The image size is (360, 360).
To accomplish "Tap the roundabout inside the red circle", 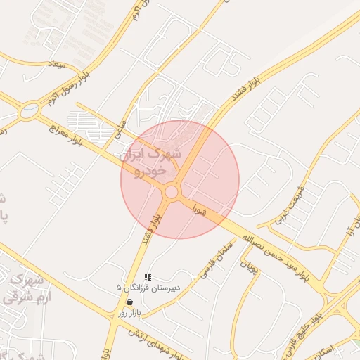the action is point(172,191).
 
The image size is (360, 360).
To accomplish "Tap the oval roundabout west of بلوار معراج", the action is point(30,110).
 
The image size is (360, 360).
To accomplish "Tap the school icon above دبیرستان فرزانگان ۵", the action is point(147,277).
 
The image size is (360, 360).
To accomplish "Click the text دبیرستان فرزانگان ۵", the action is point(148,288).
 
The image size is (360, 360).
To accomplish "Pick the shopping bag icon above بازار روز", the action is point(128,302).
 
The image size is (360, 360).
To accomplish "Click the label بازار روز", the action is point(130,311).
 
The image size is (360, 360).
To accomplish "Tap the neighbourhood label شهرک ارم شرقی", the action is point(21,288).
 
